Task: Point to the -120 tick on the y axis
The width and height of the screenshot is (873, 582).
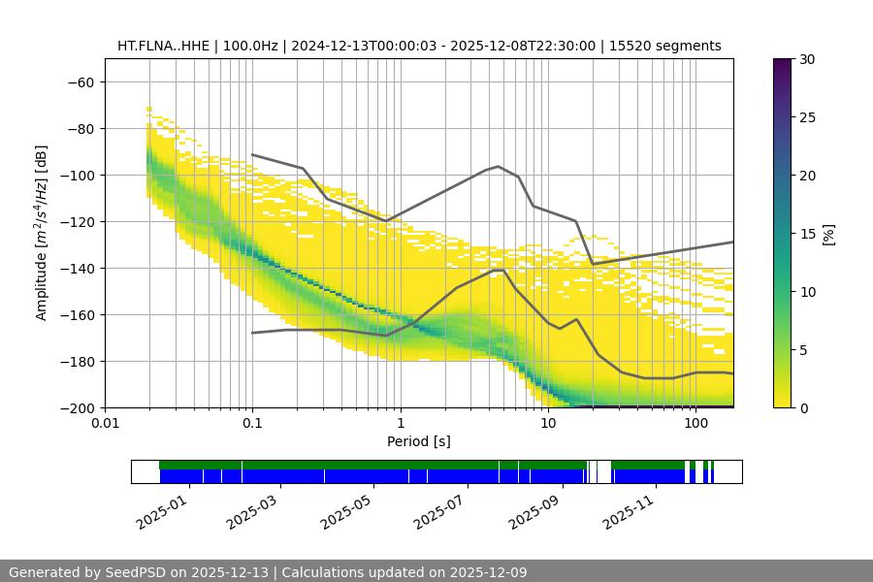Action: pyautogui.click(x=79, y=221)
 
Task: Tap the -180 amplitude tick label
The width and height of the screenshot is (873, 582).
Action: pyautogui.click(x=79, y=361)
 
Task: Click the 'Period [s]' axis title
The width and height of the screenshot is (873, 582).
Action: pyautogui.click(x=419, y=441)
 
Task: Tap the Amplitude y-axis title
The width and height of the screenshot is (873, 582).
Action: pyautogui.click(x=42, y=233)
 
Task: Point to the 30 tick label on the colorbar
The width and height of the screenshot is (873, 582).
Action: pyautogui.click(x=806, y=59)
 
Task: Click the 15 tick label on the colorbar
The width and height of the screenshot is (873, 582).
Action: pyautogui.click(x=806, y=234)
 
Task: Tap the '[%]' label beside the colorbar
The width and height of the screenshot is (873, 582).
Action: pyautogui.click(x=828, y=234)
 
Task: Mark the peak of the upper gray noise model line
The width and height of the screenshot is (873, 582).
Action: pyautogui.click(x=499, y=166)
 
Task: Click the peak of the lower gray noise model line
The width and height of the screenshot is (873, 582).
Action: pyautogui.click(x=499, y=270)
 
